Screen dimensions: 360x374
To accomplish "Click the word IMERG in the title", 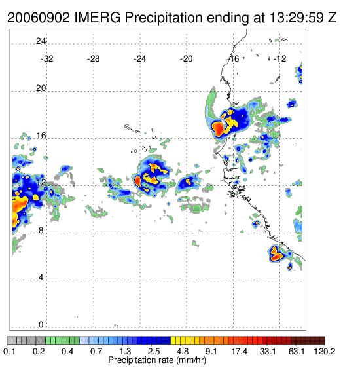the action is pos(98,18).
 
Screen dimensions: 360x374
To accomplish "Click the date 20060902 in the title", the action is pos(39,18).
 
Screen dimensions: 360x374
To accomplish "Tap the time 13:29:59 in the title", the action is pos(297,18).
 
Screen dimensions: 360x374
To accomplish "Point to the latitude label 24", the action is pos(41,41).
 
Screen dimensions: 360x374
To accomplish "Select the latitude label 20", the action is pos(41,88).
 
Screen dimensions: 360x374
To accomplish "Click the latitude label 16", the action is pos(41,136).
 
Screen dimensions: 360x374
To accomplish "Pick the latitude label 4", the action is pos(41,278).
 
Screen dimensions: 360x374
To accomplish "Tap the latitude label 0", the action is pos(41,325).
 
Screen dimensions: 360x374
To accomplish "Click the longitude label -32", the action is pos(46,59).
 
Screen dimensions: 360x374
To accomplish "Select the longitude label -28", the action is pos(93,59).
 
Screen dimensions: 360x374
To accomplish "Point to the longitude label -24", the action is pos(139,59).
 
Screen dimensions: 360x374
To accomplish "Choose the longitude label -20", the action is pos(186,59).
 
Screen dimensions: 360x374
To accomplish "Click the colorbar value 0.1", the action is pos(9,351).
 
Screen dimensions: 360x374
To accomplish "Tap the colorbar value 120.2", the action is pos(325,351).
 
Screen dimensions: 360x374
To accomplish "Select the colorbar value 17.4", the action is pos(240,351).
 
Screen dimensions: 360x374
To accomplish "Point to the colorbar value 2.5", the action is pos(154,351).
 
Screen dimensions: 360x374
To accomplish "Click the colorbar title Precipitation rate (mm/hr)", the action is pos(157,360).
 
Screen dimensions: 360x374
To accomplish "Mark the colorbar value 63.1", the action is pos(297,351).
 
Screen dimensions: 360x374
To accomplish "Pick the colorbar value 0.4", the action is pos(67,351).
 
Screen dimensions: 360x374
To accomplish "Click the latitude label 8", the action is pos(41,231).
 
